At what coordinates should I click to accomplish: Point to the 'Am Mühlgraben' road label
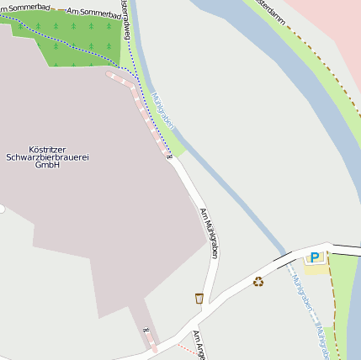[208, 233]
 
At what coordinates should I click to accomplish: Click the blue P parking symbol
[315, 257]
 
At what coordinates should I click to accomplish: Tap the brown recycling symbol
[258, 282]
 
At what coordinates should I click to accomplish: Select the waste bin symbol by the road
[199, 298]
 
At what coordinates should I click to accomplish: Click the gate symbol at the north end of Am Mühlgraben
[168, 153]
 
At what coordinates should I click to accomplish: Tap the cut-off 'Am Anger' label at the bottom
[199, 345]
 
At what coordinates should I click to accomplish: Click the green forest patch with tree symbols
[76, 42]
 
